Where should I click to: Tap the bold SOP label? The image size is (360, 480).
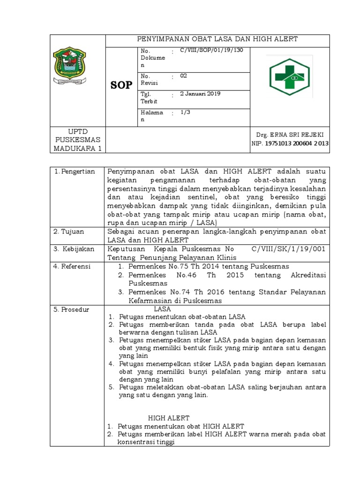coord(121,84)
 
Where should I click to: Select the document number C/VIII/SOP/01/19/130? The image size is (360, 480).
coord(208,50)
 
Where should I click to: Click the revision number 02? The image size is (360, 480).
coord(183,75)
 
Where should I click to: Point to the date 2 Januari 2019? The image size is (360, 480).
coord(200,94)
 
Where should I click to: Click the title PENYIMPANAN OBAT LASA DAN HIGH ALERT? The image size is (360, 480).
coord(217,39)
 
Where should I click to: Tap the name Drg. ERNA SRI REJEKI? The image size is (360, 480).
coord(290,134)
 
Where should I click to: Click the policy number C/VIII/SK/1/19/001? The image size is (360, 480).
coord(288,249)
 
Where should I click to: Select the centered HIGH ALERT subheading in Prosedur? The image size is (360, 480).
coord(169,418)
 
